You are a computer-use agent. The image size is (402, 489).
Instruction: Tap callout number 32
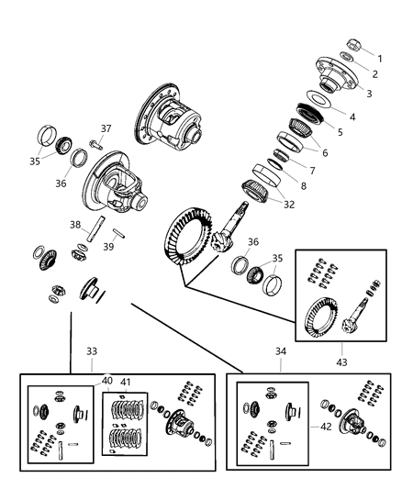point(289,204)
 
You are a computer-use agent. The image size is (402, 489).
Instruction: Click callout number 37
point(106,128)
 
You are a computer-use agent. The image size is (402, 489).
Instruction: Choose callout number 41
point(126,382)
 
